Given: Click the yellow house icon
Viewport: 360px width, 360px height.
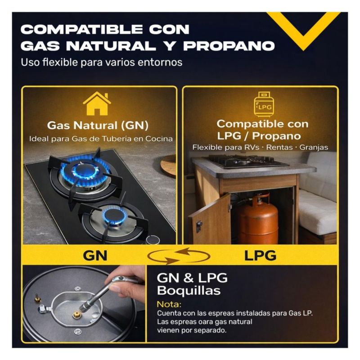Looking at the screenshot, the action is [97, 104].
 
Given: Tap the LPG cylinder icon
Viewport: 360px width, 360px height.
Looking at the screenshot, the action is [264, 104].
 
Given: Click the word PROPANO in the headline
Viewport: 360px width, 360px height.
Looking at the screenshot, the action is [229, 46].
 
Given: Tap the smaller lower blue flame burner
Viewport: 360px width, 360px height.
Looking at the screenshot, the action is [114, 216].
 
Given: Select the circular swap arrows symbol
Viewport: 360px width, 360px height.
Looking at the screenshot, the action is [179, 256].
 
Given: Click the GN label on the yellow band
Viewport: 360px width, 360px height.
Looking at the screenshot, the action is [95, 256].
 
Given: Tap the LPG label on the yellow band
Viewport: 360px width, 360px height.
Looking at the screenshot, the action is [260, 256].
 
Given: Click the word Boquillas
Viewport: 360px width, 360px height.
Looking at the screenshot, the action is [189, 290].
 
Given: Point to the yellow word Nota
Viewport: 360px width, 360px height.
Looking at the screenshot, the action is [169, 304].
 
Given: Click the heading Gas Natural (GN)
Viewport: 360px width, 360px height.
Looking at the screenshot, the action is [98, 126].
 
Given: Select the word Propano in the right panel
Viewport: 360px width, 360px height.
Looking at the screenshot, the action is [276, 136].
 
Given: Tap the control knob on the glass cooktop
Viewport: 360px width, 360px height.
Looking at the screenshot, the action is [153, 240].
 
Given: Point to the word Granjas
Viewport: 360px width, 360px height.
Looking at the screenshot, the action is [314, 147].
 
